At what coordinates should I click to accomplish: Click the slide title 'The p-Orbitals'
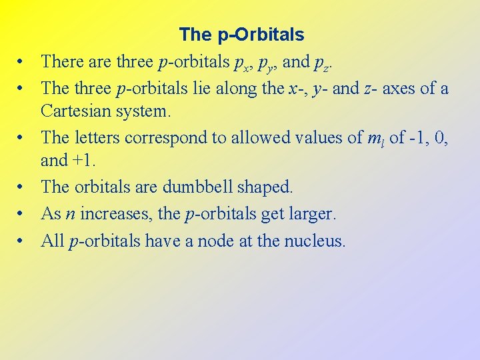click(241, 34)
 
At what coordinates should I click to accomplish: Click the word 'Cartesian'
click(75, 111)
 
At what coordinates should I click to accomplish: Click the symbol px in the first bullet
click(241, 63)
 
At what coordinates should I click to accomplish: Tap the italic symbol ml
click(375, 138)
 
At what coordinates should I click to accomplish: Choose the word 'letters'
click(95, 137)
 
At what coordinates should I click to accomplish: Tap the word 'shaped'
click(269, 188)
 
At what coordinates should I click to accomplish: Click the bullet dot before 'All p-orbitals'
click(22, 241)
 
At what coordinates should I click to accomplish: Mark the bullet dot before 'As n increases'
click(22, 214)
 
